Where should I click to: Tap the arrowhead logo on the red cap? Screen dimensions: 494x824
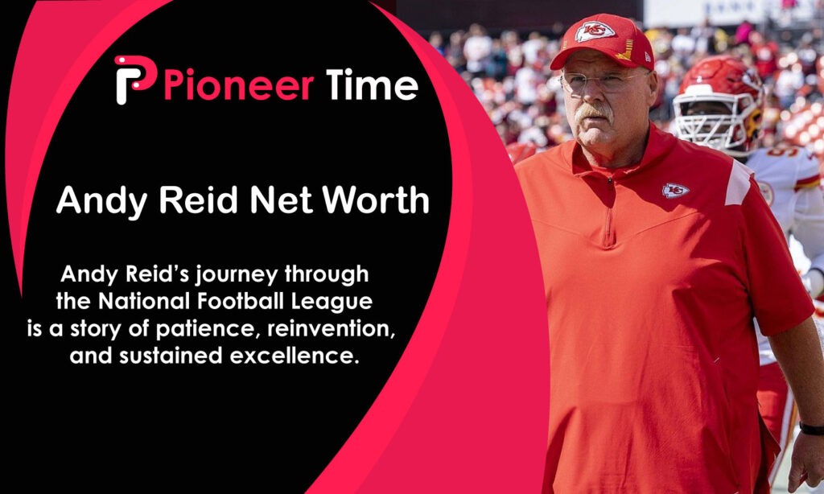594,31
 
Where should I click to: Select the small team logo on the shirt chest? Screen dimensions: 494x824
675,191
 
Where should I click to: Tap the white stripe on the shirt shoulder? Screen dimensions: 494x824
737,184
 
